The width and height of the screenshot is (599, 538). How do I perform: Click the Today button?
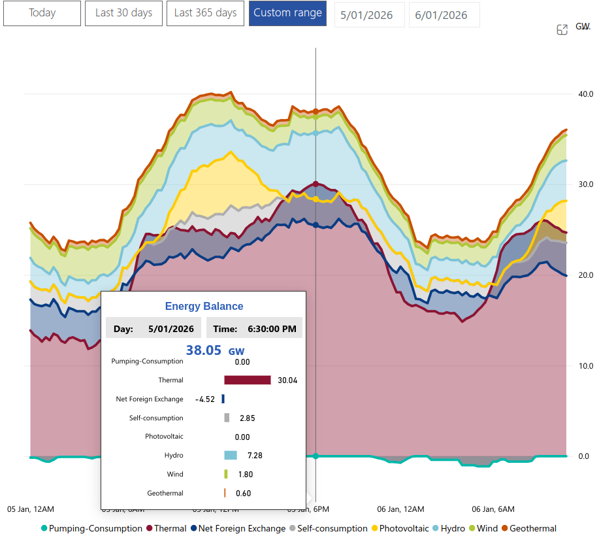click(42, 13)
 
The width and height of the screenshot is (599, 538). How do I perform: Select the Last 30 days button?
click(123, 13)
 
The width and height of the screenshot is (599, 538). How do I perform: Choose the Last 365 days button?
click(205, 13)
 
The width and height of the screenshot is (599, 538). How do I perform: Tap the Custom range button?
click(287, 13)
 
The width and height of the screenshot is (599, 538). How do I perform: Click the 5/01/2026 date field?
click(367, 15)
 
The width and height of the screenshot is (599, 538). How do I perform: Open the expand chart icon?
click(562, 29)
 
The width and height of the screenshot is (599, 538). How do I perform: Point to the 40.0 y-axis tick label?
click(585, 94)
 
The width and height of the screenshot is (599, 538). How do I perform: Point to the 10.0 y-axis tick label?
click(585, 365)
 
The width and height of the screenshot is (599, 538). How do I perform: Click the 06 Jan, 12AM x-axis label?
click(401, 509)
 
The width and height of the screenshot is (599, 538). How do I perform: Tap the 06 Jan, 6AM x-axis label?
click(493, 509)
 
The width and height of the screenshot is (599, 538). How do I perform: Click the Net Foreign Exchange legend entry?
click(237, 528)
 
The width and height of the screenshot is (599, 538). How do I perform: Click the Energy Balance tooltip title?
click(204, 306)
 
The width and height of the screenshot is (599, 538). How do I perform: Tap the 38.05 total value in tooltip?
click(204, 350)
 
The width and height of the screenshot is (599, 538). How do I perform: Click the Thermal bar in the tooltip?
click(248, 380)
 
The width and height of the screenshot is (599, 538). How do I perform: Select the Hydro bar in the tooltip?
click(230, 455)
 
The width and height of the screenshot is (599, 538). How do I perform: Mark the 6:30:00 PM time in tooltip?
click(271, 329)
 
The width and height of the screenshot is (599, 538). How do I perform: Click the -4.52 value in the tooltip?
click(205, 399)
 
